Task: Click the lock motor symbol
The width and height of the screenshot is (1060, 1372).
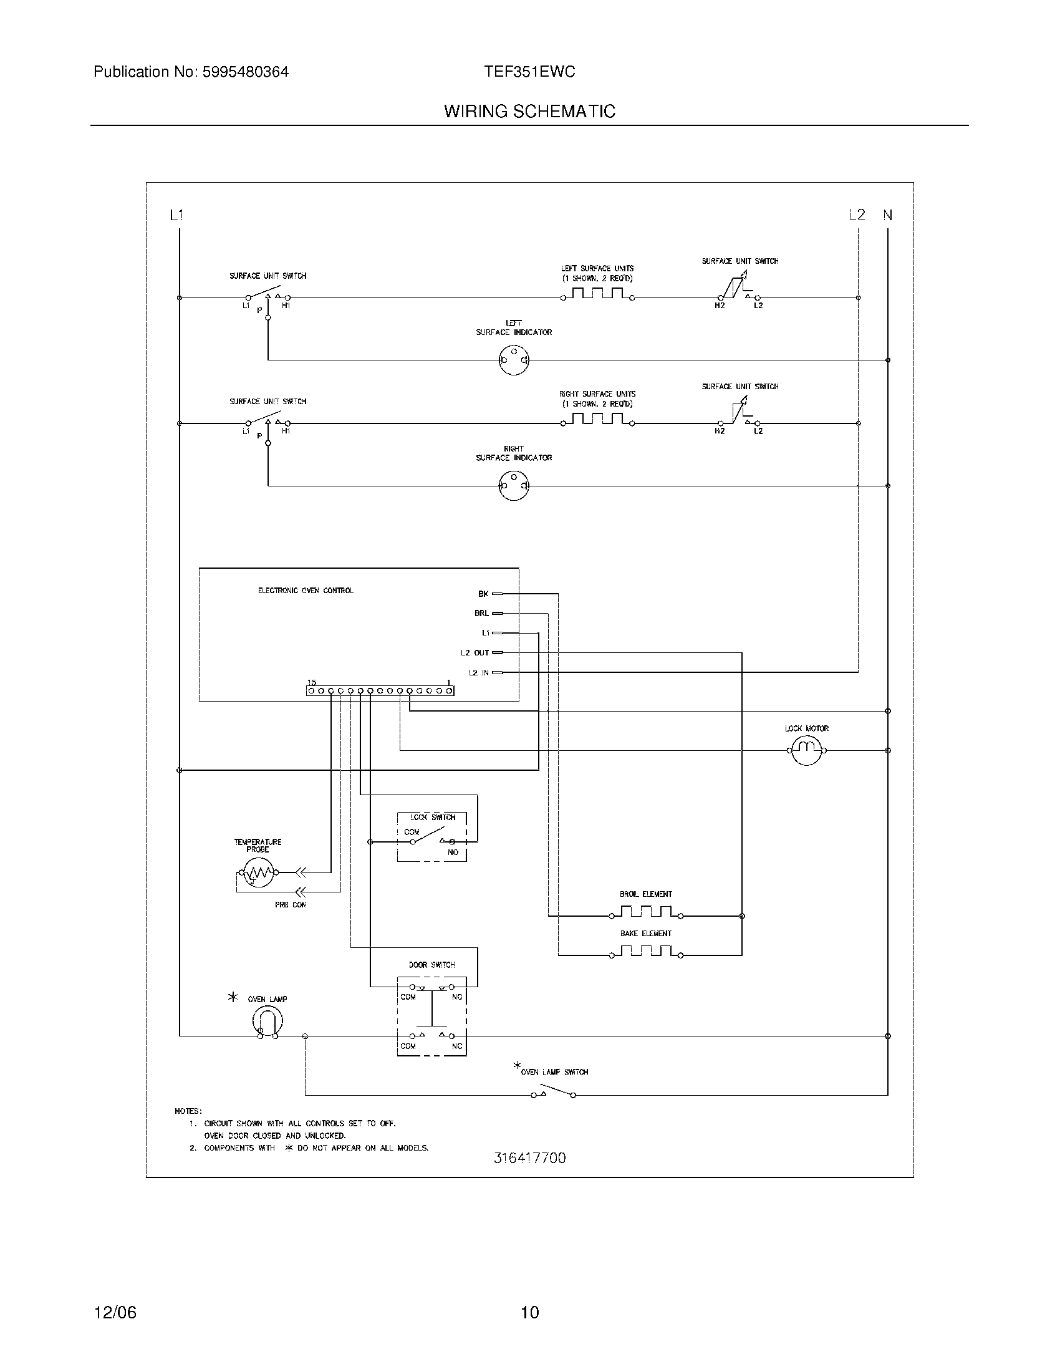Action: pos(806,750)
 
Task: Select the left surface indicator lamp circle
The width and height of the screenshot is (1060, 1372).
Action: pos(514,360)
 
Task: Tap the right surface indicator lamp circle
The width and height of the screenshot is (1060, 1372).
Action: pos(514,486)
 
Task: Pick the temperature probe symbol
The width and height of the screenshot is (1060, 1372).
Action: pos(256,872)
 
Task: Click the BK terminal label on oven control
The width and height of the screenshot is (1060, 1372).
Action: pos(483,594)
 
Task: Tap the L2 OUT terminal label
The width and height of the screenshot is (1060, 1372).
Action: pos(475,653)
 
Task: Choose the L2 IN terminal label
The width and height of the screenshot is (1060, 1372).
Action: pos(478,673)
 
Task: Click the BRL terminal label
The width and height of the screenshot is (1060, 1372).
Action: pos(481,613)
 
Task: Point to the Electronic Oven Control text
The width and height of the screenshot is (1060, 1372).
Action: pos(306,591)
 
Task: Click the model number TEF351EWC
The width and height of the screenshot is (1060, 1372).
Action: pos(529,72)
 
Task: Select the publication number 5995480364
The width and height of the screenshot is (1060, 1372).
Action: pos(245,72)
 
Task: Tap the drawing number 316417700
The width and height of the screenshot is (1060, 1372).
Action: pos(529,1159)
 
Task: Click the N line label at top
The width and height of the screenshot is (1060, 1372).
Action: pos(887,215)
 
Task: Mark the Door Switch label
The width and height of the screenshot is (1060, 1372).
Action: pos(431,965)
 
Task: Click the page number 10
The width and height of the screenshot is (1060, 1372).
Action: pos(530,1312)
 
